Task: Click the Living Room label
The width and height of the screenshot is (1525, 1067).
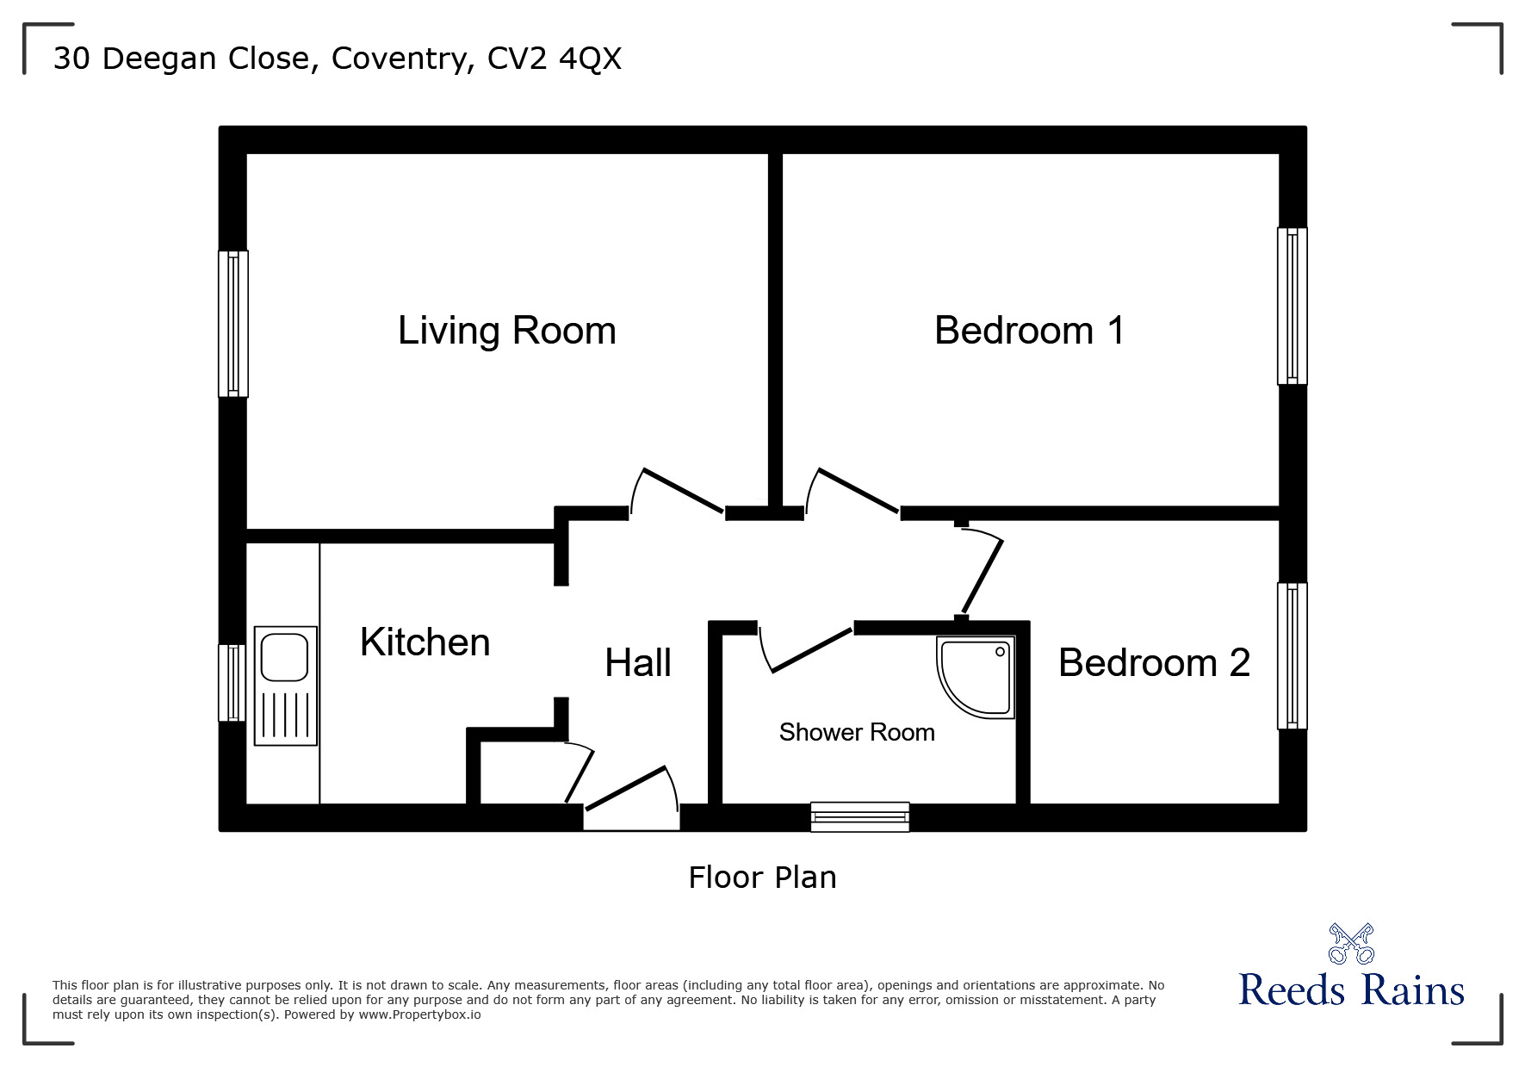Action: click(506, 331)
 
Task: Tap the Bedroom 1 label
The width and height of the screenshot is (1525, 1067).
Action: click(1029, 331)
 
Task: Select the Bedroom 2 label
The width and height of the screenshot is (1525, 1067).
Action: click(1154, 662)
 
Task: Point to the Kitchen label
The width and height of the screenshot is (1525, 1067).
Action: click(425, 642)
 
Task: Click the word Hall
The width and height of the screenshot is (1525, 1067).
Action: click(637, 663)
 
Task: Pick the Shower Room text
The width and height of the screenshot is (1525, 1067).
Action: click(856, 732)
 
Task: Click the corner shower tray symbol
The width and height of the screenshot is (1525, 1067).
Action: click(976, 677)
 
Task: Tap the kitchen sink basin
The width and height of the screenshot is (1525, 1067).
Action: click(285, 657)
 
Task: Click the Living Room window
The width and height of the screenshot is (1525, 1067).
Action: click(232, 324)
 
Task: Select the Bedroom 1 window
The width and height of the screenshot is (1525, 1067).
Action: click(1292, 306)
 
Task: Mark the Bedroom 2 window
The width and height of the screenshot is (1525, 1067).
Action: click(1292, 656)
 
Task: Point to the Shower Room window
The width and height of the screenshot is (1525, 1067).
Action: click(859, 816)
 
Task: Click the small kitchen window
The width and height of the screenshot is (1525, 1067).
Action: click(232, 683)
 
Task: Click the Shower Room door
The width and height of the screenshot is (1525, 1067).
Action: click(809, 650)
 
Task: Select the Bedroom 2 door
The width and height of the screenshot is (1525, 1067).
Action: click(983, 574)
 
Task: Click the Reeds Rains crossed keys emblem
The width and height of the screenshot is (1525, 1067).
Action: click(1351, 944)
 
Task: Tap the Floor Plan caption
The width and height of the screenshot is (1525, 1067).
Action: click(762, 878)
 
